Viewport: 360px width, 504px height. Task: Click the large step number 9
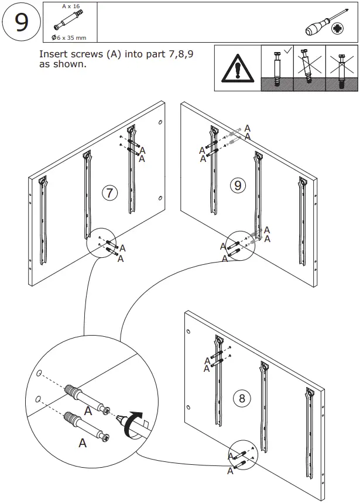click(x=21, y=22)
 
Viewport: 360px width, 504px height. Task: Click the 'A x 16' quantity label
click(x=70, y=6)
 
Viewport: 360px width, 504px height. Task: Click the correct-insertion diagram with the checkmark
click(x=276, y=69)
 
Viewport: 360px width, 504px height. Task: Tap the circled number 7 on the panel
click(x=109, y=192)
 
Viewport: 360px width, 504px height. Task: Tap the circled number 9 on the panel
click(x=238, y=185)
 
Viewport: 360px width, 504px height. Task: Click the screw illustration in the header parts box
click(x=66, y=24)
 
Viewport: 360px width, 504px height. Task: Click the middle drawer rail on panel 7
click(x=88, y=193)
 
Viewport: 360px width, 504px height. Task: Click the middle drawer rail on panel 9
click(x=258, y=193)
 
